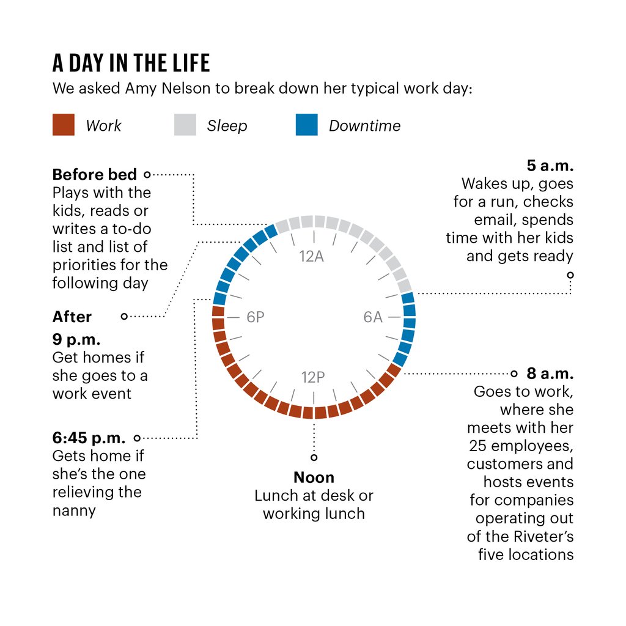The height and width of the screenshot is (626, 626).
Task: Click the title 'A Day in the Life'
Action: (131, 63)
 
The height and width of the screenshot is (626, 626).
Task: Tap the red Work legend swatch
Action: (64, 125)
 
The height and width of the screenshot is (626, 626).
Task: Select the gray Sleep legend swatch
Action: (185, 125)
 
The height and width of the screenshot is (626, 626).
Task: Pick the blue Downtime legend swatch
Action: (306, 125)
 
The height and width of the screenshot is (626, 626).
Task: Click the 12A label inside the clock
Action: (312, 256)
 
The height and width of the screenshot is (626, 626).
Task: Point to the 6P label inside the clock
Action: (256, 317)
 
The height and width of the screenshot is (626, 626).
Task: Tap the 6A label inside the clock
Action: (372, 317)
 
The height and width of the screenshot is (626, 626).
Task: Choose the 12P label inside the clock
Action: (312, 377)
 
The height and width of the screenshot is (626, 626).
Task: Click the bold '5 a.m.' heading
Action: (550, 166)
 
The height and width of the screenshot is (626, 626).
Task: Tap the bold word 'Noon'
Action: (314, 477)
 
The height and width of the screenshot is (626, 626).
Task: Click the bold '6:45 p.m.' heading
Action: (89, 438)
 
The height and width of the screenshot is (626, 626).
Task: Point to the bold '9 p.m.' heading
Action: (76, 339)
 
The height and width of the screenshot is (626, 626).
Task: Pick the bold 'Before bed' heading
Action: (94, 175)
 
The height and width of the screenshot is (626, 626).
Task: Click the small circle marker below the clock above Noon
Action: (314, 457)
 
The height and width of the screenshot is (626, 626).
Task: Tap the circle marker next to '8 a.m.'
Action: (514, 373)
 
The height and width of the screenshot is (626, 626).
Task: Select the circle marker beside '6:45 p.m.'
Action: (137, 438)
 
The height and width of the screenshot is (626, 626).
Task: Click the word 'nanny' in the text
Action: (74, 510)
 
